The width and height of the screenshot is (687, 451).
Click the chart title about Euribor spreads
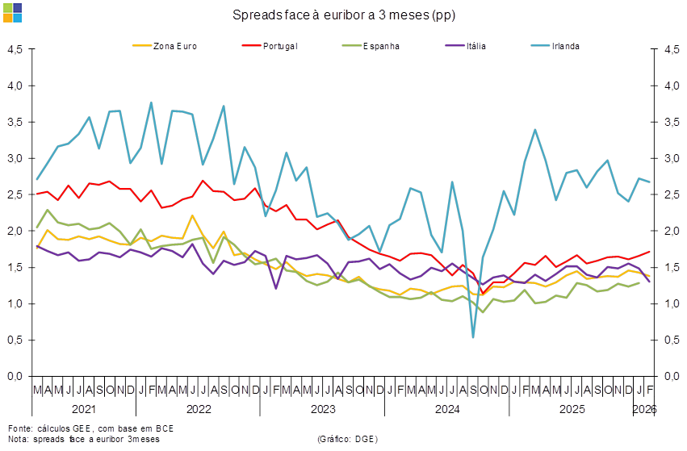pyautogui.click(x=344, y=15)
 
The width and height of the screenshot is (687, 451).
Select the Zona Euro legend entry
pyautogui.click(x=174, y=46)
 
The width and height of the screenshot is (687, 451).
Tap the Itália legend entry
pyautogui.click(x=477, y=46)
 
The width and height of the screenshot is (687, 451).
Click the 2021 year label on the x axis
pyautogui.click(x=83, y=409)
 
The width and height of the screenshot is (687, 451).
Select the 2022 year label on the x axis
pyautogui.click(x=198, y=409)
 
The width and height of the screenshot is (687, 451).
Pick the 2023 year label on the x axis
pyautogui.click(x=323, y=409)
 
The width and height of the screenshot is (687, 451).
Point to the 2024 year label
pyautogui.click(x=448, y=409)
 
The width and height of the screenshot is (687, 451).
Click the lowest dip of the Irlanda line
pyautogui.click(x=473, y=336)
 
